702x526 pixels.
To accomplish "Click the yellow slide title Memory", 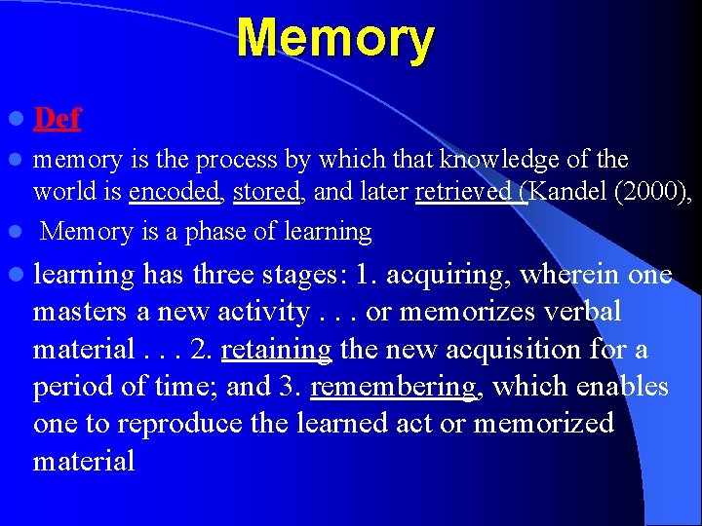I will pos(334,39).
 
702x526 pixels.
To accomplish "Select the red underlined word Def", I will pos(57,119).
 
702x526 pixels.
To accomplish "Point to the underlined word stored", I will pos(266,192).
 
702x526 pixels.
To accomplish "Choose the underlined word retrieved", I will pos(468,192).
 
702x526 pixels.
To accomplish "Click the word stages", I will pos(302,276).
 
